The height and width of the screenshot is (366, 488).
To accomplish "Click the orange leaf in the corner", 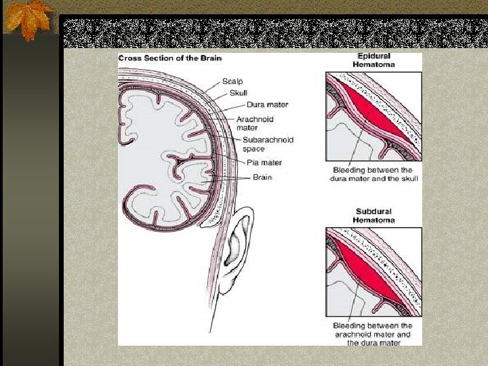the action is [26, 18].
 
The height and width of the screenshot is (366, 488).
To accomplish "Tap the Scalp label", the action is [234, 81].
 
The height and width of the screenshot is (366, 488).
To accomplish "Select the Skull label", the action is [239, 92].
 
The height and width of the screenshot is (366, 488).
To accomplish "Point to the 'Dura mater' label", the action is [267, 104].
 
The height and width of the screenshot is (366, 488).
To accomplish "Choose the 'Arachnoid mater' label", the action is [255, 123].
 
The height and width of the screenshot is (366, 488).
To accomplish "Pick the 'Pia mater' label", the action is [264, 163].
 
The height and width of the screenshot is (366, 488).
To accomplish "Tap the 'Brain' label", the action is [262, 177].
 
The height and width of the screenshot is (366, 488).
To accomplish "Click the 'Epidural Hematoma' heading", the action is [373, 60].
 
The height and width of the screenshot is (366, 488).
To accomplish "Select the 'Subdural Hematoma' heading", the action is [374, 216].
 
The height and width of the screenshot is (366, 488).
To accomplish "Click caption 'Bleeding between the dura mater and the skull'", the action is [373, 174].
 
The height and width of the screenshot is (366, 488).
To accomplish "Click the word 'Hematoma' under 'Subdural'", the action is [374, 220].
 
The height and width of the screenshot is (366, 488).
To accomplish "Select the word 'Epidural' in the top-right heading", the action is [374, 56].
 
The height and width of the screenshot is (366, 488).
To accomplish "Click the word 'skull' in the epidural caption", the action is [408, 179].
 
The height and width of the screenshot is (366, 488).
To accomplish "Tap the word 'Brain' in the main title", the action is [211, 58].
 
